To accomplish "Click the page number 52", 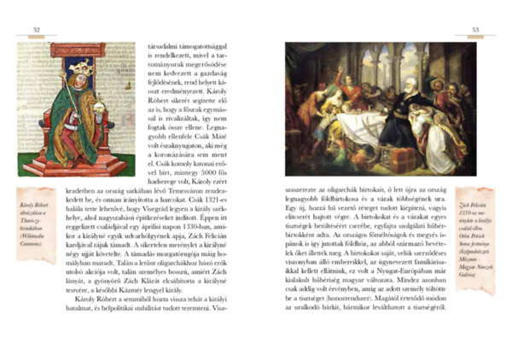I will coord(37,30).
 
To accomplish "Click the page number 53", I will coord(475,30).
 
